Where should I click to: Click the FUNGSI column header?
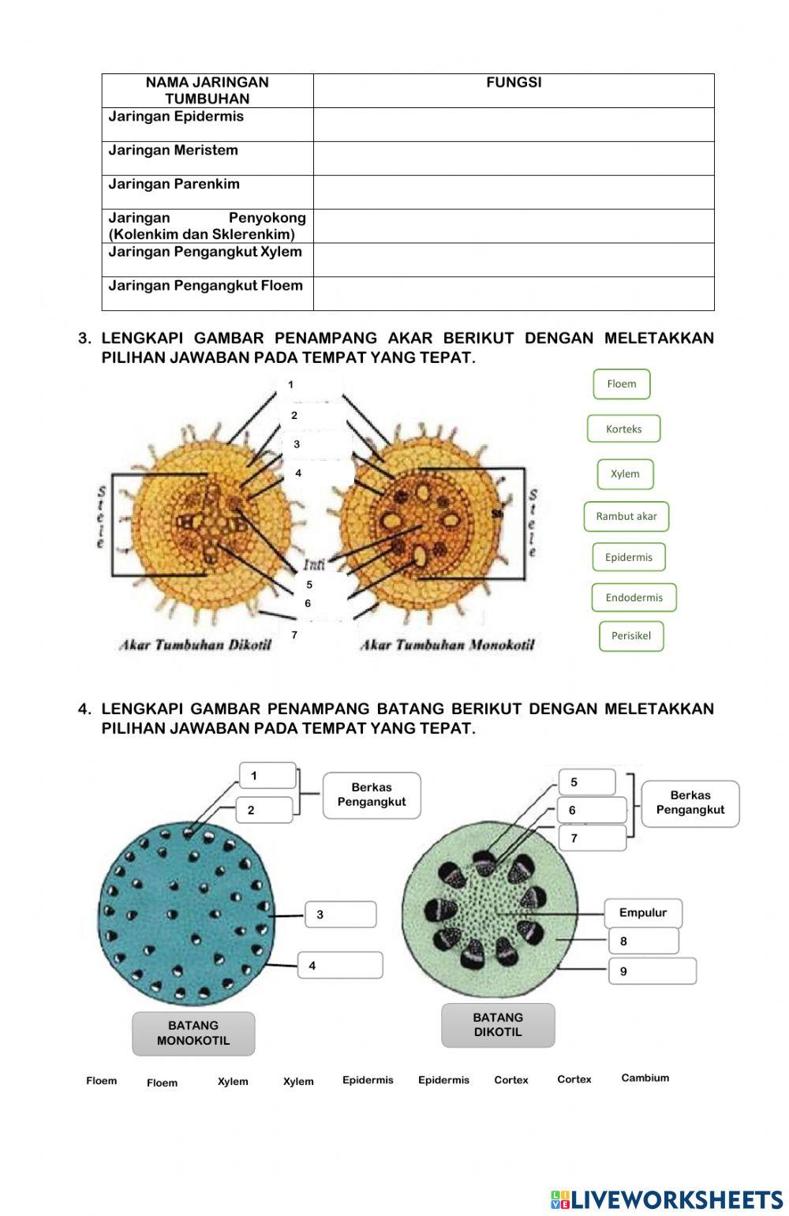514,83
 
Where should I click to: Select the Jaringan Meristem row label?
173,151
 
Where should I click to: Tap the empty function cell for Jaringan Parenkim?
514,192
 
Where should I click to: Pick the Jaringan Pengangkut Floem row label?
205,286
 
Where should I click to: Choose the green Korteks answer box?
623,429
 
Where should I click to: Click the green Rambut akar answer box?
626,517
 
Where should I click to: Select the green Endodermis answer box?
634,597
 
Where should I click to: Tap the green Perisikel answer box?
630,636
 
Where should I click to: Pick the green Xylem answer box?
625,474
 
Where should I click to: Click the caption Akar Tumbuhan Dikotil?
195,645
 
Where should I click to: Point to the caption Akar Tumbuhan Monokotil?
447,645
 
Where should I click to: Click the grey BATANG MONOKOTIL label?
193,1033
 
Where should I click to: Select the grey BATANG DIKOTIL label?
498,1025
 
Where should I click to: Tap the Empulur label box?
643,913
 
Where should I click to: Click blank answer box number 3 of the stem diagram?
341,915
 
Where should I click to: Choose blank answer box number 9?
652,971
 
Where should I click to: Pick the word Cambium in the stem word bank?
645,1078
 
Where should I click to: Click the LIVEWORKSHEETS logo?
667,1200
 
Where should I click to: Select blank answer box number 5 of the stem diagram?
587,782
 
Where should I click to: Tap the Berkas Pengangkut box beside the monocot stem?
372,795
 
